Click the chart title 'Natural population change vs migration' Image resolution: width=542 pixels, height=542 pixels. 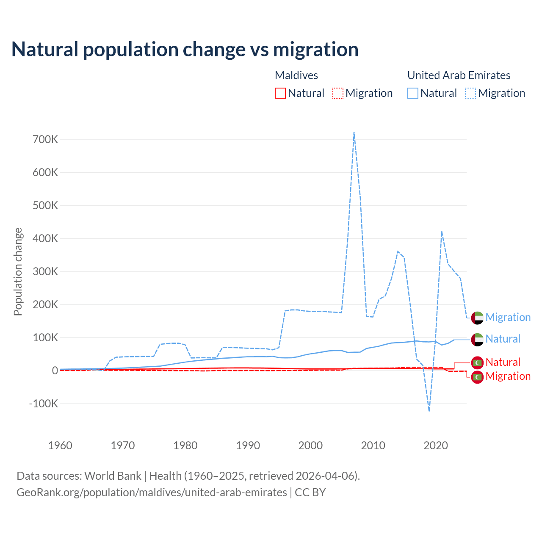[185, 50]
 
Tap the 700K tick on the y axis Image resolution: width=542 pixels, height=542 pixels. [45, 139]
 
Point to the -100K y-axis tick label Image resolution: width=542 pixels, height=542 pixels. [43, 404]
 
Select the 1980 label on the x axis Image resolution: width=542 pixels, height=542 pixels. [185, 445]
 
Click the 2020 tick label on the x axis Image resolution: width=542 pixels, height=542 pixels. [436, 445]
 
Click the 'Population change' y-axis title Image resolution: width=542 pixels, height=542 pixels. [18, 271]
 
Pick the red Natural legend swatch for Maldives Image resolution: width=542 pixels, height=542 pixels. [280, 93]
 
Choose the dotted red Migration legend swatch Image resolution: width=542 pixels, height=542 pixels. [338, 93]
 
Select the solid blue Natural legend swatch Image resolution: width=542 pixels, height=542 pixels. [413, 93]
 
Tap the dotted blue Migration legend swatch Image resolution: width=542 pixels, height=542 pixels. [470, 93]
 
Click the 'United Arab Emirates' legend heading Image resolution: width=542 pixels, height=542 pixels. [459, 75]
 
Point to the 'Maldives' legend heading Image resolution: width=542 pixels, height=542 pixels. [296, 75]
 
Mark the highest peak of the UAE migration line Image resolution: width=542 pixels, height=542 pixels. [354, 132]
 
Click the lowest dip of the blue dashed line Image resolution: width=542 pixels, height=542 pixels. [429, 411]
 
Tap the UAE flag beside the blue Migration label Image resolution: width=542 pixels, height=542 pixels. [477, 318]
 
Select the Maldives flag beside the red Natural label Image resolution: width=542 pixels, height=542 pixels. [477, 362]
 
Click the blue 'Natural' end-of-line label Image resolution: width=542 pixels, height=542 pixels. [503, 339]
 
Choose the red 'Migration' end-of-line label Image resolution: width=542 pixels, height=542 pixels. [508, 376]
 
